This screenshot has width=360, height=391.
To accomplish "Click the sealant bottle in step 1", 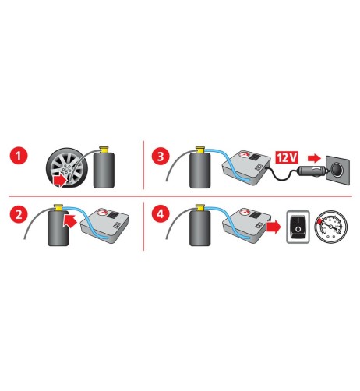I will pos(104,169).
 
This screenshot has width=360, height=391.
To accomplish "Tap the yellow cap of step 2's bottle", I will pos(58,206).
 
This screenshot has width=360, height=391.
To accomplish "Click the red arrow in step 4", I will pos(274,226).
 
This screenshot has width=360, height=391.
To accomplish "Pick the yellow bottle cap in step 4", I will pos(199,207).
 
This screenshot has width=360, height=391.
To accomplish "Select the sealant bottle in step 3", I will pos(199,170).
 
